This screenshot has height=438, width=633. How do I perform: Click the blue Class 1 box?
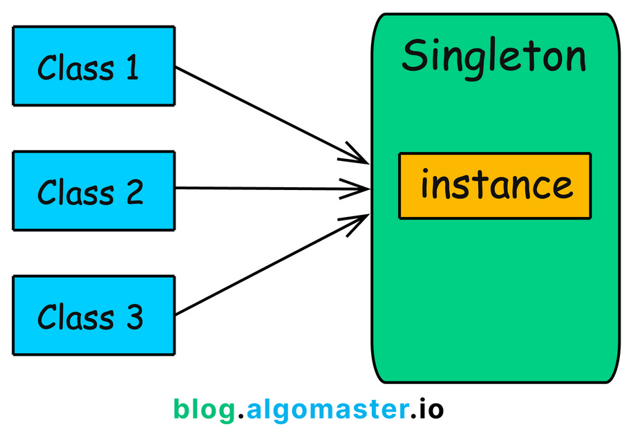click(x=93, y=66)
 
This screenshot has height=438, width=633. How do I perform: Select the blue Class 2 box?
click(x=93, y=190)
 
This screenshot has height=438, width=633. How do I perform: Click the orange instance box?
click(x=495, y=186)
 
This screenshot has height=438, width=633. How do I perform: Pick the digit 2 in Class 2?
click(x=133, y=192)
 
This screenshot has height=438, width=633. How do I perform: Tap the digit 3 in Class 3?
click(x=133, y=317)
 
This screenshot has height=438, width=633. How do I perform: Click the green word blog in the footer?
click(x=204, y=409)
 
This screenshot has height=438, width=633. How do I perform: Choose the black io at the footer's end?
click(x=428, y=409)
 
